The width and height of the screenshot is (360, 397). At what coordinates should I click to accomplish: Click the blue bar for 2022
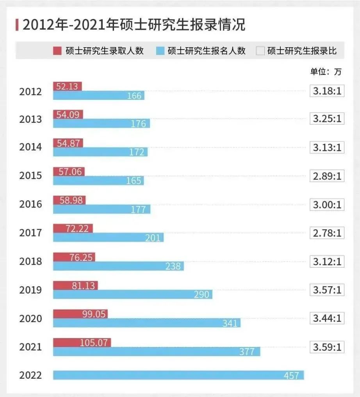coord(178,375)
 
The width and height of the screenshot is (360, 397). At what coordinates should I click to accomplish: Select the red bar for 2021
coord(82,342)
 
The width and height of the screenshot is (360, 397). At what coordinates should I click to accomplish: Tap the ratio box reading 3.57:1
coord(327,290)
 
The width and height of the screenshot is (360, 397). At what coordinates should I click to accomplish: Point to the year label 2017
coord(30,233)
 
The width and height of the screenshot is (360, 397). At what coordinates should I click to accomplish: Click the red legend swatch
coord(57,51)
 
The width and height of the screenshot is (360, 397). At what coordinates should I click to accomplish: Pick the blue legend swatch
coord(160,51)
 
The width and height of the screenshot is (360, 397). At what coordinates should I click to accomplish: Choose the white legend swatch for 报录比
coord(260,51)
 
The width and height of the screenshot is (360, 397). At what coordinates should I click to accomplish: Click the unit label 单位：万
coord(326,72)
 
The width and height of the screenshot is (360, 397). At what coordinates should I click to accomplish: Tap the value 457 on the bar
coord(292,376)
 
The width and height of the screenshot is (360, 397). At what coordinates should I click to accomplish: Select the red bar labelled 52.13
coord(67,86)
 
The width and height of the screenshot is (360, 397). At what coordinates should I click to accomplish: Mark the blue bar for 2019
coord(133,294)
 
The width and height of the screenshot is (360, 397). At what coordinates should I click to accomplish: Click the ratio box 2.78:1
coord(327,233)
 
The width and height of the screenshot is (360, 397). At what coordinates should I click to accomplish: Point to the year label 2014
coord(30,147)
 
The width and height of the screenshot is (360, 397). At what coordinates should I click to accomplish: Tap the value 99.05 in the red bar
coord(94,314)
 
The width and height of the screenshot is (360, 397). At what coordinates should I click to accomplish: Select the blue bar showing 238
coord(118,266)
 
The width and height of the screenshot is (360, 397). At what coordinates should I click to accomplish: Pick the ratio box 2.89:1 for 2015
coord(327,176)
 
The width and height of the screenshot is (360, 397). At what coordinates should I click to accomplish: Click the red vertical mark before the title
coord(17,25)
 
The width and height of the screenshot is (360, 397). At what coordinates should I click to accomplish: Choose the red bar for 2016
coord(69,200)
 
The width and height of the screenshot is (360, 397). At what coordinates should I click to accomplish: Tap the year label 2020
coord(30,318)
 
